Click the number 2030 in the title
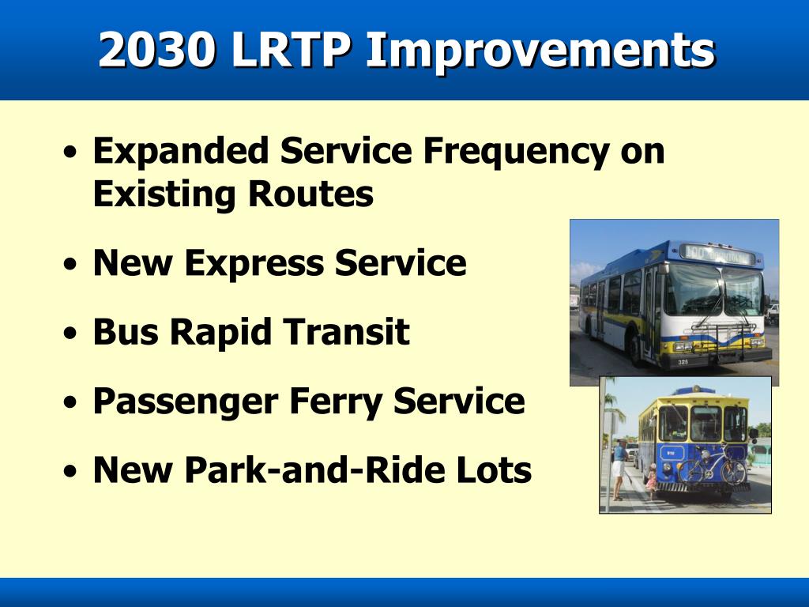click(x=157, y=49)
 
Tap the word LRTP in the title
click(x=292, y=49)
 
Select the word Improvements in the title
click(x=540, y=51)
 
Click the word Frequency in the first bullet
click(x=516, y=153)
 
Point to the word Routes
click(x=310, y=194)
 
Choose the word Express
click(x=254, y=264)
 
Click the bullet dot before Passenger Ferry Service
click(x=70, y=402)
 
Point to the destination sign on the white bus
click(x=717, y=254)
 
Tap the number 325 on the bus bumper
click(x=683, y=362)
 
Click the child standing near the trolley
click(x=651, y=481)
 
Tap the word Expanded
click(x=181, y=152)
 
